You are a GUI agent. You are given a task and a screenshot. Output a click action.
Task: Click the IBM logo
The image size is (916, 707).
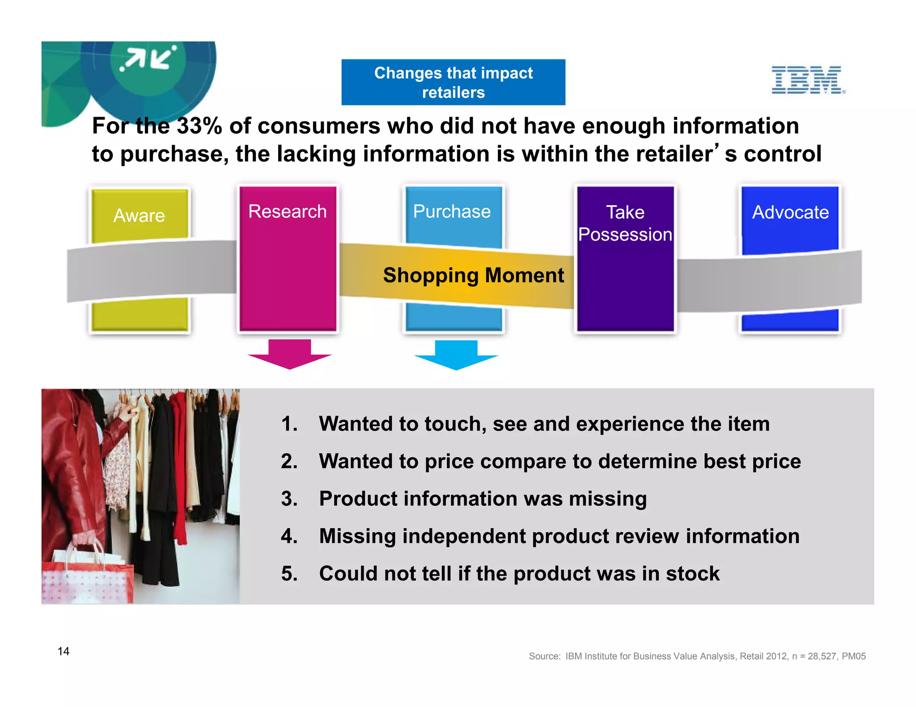(x=807, y=80)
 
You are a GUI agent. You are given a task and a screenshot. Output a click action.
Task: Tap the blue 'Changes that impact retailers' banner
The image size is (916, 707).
(x=453, y=82)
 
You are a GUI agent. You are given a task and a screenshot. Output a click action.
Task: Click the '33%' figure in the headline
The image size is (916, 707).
(x=199, y=126)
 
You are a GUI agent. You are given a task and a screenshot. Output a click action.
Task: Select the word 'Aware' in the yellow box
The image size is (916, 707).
(x=139, y=215)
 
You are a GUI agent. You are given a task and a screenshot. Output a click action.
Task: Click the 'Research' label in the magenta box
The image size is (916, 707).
(x=287, y=211)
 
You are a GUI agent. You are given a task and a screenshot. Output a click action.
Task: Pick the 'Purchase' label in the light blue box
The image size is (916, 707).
(x=452, y=211)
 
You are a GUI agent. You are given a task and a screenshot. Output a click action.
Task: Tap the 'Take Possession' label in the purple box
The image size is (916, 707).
(x=625, y=223)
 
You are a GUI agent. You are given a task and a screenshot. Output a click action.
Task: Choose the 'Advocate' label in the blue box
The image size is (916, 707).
(x=790, y=212)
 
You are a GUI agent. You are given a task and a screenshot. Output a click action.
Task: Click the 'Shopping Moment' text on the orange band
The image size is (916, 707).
(x=473, y=275)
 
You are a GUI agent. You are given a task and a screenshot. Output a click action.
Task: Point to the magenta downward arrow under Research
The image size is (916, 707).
(x=289, y=354)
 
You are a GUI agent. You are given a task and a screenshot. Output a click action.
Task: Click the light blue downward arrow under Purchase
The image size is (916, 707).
(x=456, y=355)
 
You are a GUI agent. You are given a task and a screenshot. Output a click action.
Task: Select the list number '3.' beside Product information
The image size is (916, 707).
(x=289, y=499)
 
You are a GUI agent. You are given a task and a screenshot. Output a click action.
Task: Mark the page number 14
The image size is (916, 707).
(x=64, y=651)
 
